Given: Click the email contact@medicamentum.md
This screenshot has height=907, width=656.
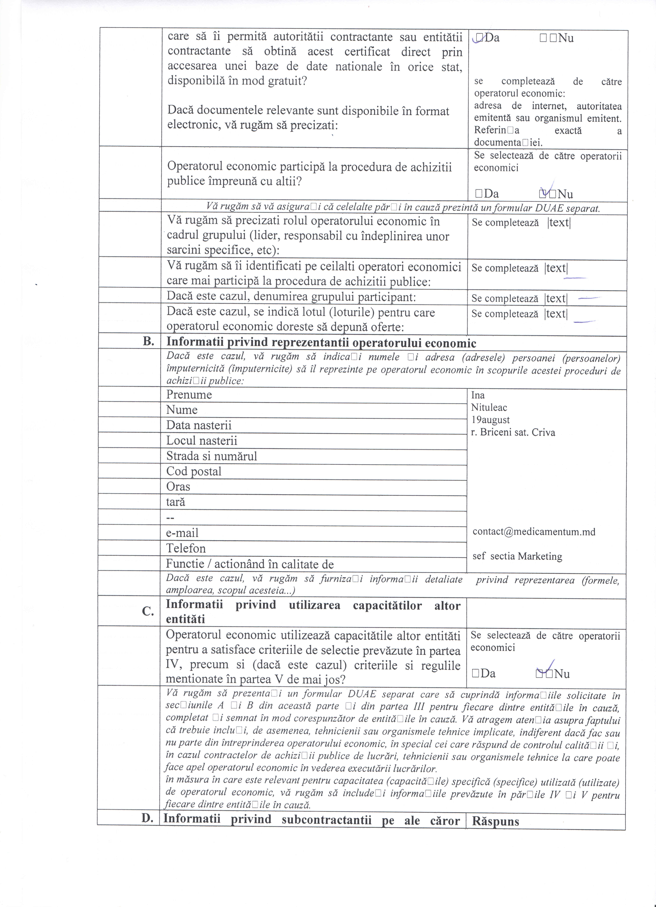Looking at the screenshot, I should pos(534,532).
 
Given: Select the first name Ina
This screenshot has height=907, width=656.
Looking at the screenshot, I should pos(478,395).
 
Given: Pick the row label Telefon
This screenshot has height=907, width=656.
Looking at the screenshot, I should pos(186,548).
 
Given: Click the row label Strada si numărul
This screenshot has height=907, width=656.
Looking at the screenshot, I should pos(211,456).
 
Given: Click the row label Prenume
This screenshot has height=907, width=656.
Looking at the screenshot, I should pos(189,395).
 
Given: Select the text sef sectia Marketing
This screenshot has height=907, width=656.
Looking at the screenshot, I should pos(517,556).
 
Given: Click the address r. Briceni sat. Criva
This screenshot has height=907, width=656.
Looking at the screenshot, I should pos(513,432).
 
